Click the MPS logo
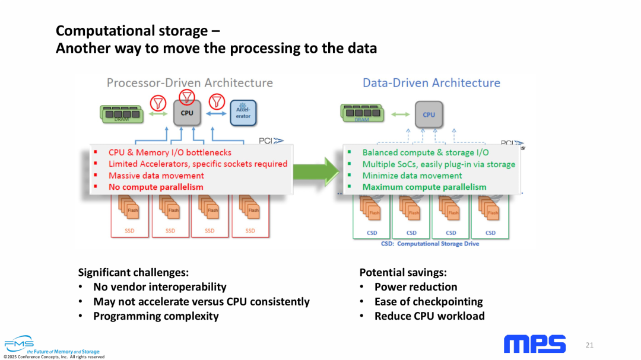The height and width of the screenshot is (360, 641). click(x=534, y=344)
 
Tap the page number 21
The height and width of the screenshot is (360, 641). click(x=589, y=345)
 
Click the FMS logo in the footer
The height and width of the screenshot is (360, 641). click(x=19, y=344)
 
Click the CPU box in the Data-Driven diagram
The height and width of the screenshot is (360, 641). click(x=429, y=114)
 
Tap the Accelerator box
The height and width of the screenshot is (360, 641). click(x=243, y=113)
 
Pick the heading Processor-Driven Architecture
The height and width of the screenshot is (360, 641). click(x=189, y=83)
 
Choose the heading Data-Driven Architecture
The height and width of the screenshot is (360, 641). click(x=431, y=83)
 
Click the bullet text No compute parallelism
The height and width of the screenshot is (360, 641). click(x=156, y=187)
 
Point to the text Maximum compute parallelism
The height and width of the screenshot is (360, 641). click(x=424, y=187)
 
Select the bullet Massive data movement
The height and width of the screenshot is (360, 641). click(x=156, y=176)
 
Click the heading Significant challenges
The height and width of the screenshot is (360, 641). click(x=134, y=273)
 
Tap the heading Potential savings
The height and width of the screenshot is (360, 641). click(x=403, y=273)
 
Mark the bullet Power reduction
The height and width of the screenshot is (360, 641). click(x=415, y=287)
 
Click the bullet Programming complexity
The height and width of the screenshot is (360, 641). click(x=156, y=316)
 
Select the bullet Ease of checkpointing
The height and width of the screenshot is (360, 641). click(x=429, y=302)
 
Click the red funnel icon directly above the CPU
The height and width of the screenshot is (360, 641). click(x=187, y=95)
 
